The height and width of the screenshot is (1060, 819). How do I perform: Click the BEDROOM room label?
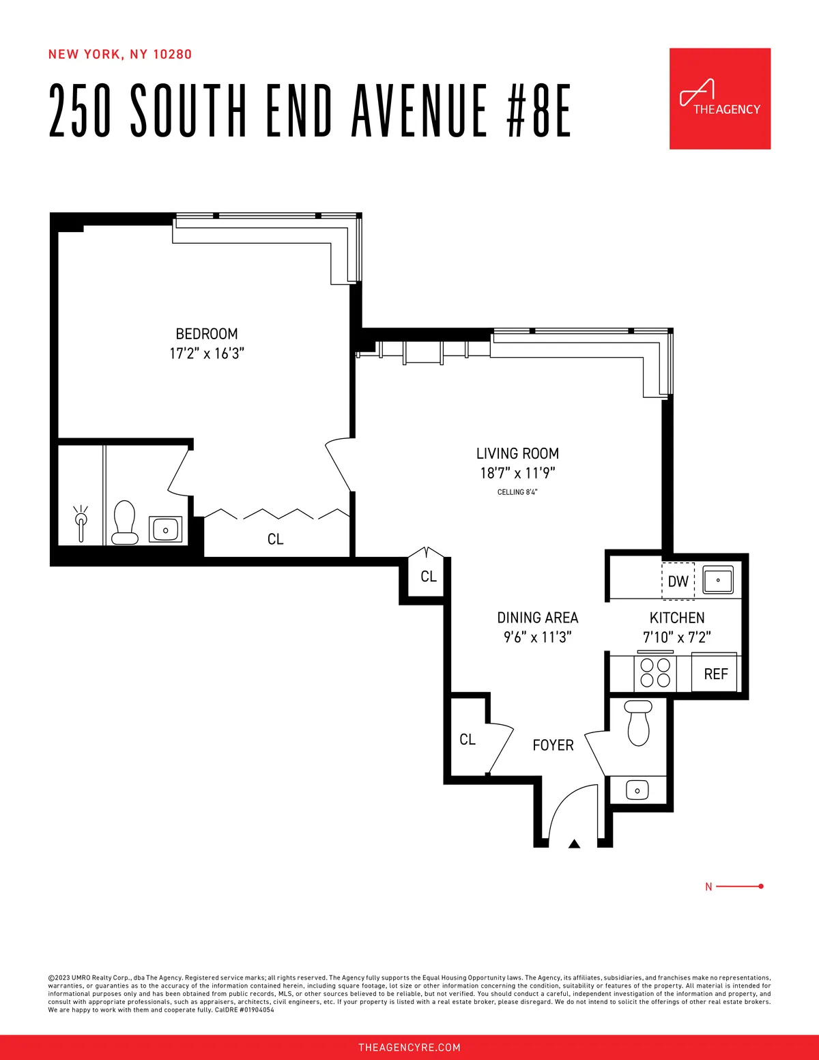pyautogui.click(x=207, y=334)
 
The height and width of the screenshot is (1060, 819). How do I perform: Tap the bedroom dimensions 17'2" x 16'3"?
pyautogui.click(x=207, y=354)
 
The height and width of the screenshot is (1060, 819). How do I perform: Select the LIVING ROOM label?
pyautogui.click(x=517, y=454)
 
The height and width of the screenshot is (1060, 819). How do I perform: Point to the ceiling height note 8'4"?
pyautogui.click(x=517, y=492)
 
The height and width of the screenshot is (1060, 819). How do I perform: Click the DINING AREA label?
pyautogui.click(x=537, y=618)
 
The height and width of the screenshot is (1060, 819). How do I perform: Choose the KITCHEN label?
pyautogui.click(x=676, y=618)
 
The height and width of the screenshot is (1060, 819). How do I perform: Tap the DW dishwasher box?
pyautogui.click(x=678, y=582)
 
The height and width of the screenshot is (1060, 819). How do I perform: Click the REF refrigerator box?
pyautogui.click(x=715, y=674)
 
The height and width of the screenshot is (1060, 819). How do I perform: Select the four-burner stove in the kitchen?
pyautogui.click(x=655, y=672)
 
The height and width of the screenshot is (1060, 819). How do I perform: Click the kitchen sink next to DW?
pyautogui.click(x=718, y=580)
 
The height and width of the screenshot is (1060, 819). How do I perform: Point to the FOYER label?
pyautogui.click(x=553, y=745)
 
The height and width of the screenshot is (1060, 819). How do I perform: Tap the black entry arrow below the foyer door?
pyautogui.click(x=574, y=844)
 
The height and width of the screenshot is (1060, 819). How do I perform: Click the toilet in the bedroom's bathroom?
pyautogui.click(x=125, y=522)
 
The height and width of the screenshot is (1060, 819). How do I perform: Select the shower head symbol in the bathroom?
pyautogui.click(x=81, y=523)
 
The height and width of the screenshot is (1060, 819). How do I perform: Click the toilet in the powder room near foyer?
pyautogui.click(x=639, y=723)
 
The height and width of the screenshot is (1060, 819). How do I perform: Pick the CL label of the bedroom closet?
pyautogui.click(x=275, y=539)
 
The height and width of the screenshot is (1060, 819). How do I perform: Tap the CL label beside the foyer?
pyautogui.click(x=468, y=740)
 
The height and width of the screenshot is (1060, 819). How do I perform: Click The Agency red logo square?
pyautogui.click(x=719, y=98)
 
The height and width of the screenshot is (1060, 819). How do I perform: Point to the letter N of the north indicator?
pyautogui.click(x=708, y=887)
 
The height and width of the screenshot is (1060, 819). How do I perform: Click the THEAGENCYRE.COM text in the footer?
pyautogui.click(x=409, y=1047)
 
